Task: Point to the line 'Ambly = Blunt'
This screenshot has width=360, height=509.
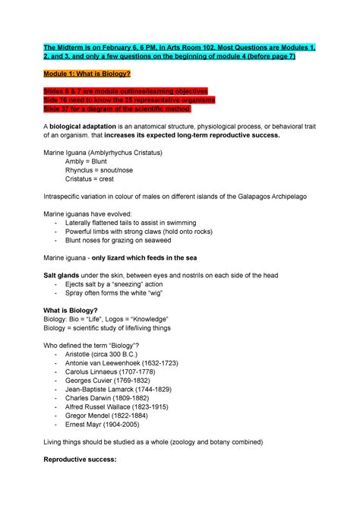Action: (x=87, y=162)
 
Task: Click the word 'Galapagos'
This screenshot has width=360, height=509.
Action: (x=245, y=197)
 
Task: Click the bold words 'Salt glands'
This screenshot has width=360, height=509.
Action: (x=66, y=275)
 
